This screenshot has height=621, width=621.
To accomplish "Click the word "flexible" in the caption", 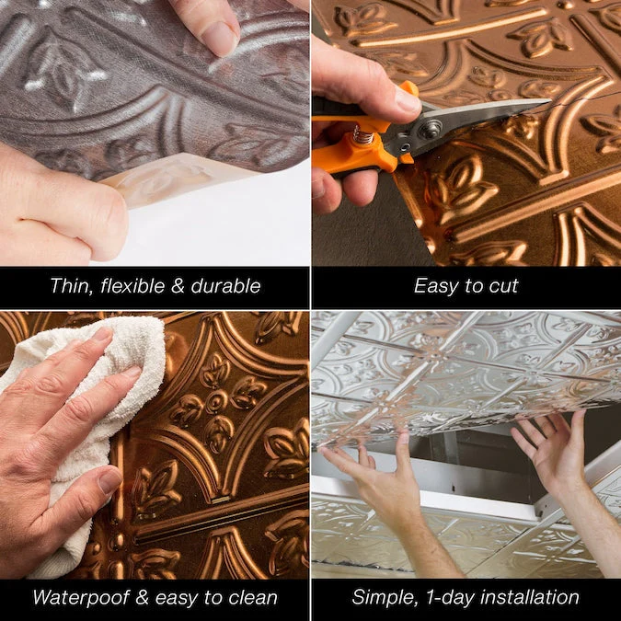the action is (x=132, y=285).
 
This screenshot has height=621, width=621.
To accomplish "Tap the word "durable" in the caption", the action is (x=225, y=286).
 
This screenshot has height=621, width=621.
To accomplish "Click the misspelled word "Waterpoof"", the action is (x=81, y=597).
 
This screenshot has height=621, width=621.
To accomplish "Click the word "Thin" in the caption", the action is (x=72, y=286).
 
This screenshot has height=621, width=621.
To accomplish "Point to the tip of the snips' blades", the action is (x=550, y=100).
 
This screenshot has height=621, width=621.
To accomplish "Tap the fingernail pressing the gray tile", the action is (x=219, y=39).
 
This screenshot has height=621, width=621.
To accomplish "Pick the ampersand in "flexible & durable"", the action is (x=178, y=286).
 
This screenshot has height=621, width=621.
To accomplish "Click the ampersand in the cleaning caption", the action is (x=142, y=598).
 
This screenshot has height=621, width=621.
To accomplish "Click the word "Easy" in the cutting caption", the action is (x=435, y=286).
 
